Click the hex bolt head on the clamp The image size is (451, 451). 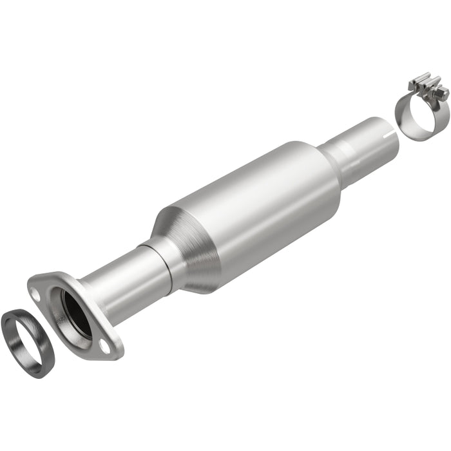(x=443, y=95)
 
